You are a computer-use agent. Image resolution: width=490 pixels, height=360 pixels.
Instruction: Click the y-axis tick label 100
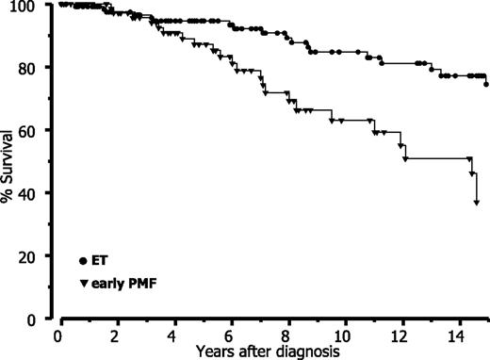pyautogui.click(x=34, y=6)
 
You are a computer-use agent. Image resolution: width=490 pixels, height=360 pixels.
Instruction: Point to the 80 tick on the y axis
pyautogui.click(x=38, y=68)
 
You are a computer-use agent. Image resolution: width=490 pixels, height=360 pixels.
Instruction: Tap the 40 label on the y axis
pyautogui.click(x=38, y=193)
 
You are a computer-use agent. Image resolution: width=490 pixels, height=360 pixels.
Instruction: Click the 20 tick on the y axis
pyautogui.click(x=38, y=256)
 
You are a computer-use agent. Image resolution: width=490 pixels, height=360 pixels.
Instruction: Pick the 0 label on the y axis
pyautogui.click(x=41, y=319)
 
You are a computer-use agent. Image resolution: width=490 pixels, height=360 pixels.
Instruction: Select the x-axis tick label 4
pyautogui.click(x=173, y=335)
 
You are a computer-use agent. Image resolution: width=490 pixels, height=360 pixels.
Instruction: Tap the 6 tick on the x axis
pyautogui.click(x=231, y=335)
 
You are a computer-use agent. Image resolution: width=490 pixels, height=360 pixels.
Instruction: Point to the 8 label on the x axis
pyautogui.click(x=288, y=335)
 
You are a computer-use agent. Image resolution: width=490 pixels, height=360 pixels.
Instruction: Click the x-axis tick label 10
pyautogui.click(x=346, y=335)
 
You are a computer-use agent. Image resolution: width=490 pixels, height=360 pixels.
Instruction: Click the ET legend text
pyautogui.click(x=101, y=260)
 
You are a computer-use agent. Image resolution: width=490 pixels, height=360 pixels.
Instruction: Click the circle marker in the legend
pyautogui.click(x=84, y=260)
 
